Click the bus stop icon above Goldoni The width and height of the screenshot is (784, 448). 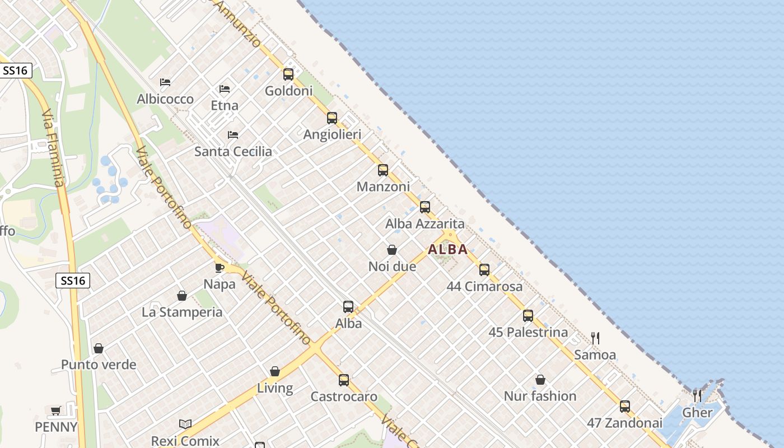click(x=288, y=74)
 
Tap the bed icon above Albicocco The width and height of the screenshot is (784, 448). click(x=165, y=82)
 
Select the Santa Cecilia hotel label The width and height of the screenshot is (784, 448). click(x=233, y=151)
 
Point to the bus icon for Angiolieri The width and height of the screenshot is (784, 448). click(x=332, y=118)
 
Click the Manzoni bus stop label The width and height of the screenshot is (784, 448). click(x=383, y=186)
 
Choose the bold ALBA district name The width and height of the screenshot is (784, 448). click(x=448, y=250)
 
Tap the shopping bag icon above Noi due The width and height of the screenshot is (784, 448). click(x=392, y=250)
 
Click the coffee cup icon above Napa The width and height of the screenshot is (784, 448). click(x=220, y=268)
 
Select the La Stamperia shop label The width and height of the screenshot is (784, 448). click(x=182, y=312)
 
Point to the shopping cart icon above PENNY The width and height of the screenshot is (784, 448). click(x=56, y=411)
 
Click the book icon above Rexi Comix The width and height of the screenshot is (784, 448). click(x=185, y=424)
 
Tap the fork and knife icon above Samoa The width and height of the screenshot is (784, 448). click(x=595, y=338)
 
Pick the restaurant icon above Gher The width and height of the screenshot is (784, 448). click(x=697, y=396)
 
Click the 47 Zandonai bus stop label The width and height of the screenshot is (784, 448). click(x=624, y=423)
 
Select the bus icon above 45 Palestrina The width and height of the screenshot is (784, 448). click(x=528, y=316)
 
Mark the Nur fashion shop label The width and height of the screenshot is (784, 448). click(x=540, y=396)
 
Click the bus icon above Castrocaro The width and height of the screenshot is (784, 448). click(x=344, y=380)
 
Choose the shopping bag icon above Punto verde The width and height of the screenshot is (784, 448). click(x=99, y=348)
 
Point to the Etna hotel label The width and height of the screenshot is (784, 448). click(x=225, y=105)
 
